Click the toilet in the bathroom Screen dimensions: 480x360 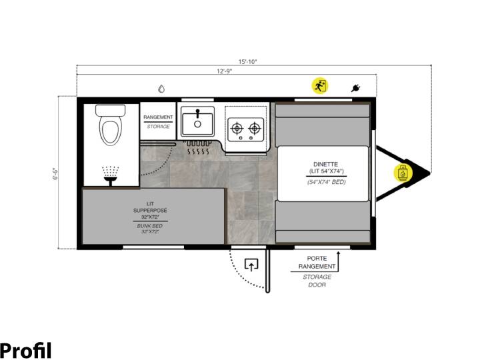[x=111, y=125]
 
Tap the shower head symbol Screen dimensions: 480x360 [x=110, y=176]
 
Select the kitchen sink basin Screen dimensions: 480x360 [x=197, y=121]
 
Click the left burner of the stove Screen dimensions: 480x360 [x=237, y=128]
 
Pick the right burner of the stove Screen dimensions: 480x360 [x=255, y=128]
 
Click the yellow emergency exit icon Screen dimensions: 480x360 [x=320, y=86]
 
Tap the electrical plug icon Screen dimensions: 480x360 [x=355, y=88]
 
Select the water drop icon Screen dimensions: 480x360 [x=161, y=89]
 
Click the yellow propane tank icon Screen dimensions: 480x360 [x=403, y=173]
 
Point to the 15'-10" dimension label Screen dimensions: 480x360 [x=247, y=61]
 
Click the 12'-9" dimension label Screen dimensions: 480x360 [x=225, y=71]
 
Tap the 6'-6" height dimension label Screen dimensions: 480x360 [x=55, y=173]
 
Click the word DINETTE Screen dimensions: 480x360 [x=325, y=165]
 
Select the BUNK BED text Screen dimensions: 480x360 [x=150, y=226]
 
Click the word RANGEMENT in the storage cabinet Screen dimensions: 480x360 [x=158, y=117]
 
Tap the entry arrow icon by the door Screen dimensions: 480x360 [x=251, y=265]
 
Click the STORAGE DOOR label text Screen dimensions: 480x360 [x=317, y=281]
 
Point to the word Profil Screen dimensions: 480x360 [x=26, y=350]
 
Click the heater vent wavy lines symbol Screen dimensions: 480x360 [x=198, y=151]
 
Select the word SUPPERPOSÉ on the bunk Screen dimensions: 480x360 [x=150, y=211]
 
